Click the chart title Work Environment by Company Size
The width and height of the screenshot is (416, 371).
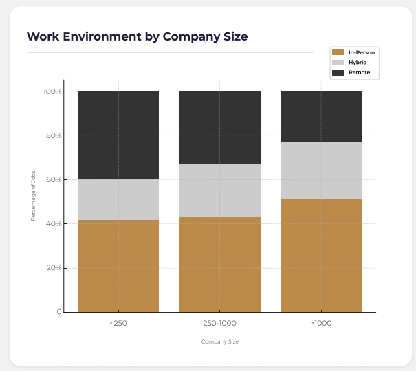click(x=137, y=36)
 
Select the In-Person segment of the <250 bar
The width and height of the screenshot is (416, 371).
click(x=118, y=266)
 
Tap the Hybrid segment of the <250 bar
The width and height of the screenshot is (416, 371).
click(x=118, y=199)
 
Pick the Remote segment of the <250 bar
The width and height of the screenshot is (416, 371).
click(x=118, y=135)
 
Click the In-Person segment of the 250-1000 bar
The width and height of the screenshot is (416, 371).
click(x=220, y=265)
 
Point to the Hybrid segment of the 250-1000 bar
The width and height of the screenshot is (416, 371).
click(x=220, y=190)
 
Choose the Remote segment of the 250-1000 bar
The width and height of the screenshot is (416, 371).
click(x=220, y=127)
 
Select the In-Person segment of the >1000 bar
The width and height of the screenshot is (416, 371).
click(x=321, y=256)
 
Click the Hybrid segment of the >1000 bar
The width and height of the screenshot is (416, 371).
click(x=321, y=170)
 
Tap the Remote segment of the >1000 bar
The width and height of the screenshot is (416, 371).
click(x=321, y=116)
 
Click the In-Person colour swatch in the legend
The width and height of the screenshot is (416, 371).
click(x=338, y=52)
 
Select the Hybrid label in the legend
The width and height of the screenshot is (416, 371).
click(x=358, y=62)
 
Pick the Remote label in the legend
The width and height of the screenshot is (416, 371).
click(x=360, y=72)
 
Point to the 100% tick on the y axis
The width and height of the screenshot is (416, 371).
click(x=52, y=91)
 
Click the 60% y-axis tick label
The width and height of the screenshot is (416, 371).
click(x=54, y=180)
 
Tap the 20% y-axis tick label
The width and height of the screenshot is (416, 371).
click(x=54, y=268)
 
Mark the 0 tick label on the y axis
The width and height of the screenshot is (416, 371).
click(x=59, y=313)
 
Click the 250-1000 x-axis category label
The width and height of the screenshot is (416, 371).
click(x=220, y=322)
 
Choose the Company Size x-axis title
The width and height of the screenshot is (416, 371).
click(x=220, y=341)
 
